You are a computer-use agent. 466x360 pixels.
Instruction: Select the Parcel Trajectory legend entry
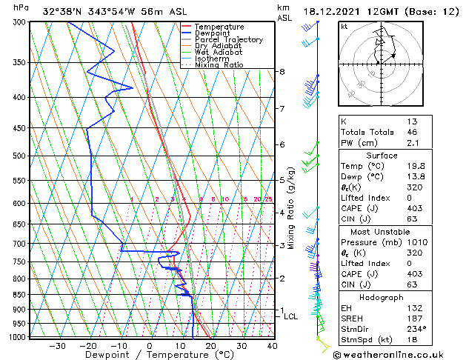(x=228, y=39)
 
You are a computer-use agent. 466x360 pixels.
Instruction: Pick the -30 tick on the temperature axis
(x=56, y=346)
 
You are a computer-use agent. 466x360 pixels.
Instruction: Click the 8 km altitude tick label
(x=282, y=72)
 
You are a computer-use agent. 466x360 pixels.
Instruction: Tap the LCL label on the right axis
(x=292, y=316)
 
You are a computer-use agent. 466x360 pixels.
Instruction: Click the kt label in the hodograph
(x=344, y=26)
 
